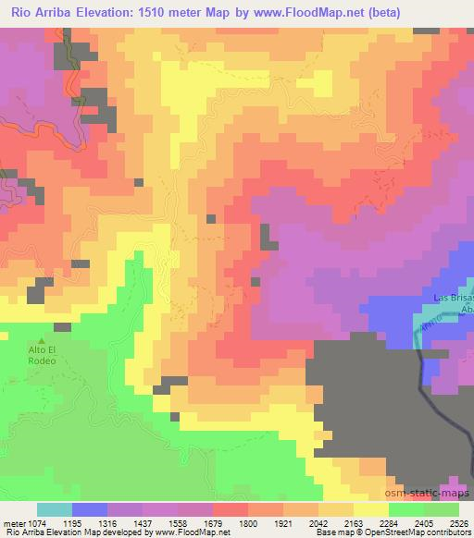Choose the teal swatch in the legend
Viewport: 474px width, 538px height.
tap(54, 509)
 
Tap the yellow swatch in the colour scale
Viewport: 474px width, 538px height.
tap(370, 509)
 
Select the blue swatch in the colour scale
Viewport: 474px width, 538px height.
tap(89, 509)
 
